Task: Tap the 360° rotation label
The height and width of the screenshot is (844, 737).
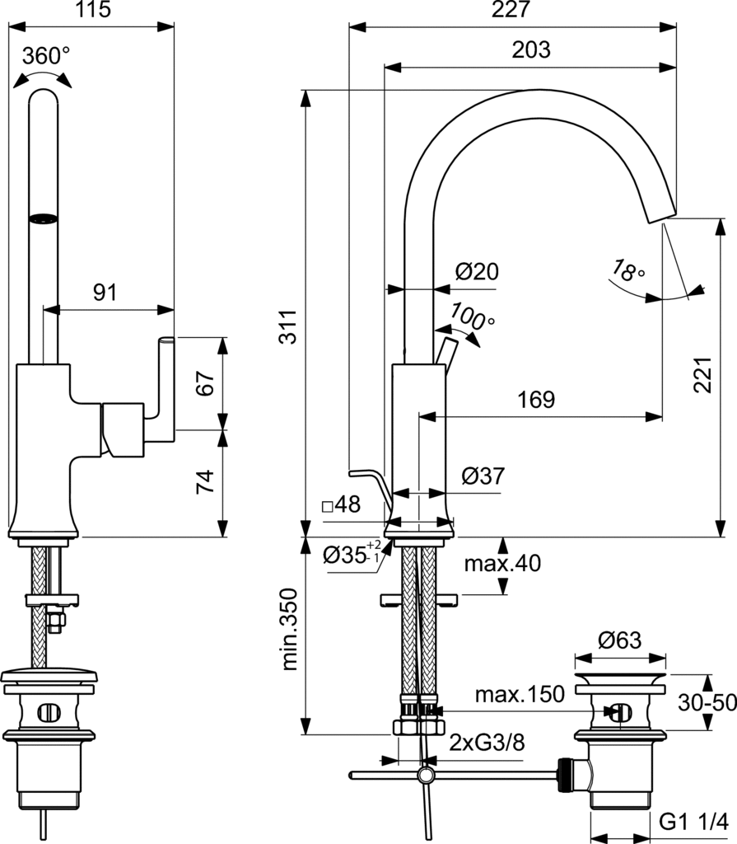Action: (46, 56)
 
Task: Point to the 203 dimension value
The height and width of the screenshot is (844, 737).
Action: (531, 49)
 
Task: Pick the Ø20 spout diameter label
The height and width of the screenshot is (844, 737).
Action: (477, 271)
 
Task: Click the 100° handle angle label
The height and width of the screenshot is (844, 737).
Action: (473, 317)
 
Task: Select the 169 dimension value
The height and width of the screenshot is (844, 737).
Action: (535, 400)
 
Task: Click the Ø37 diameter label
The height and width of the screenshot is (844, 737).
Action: (483, 476)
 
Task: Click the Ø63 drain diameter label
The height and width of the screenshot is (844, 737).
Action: (619, 640)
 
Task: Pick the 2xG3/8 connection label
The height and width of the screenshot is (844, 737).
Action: (487, 742)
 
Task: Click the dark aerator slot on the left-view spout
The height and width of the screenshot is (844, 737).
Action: (44, 218)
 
